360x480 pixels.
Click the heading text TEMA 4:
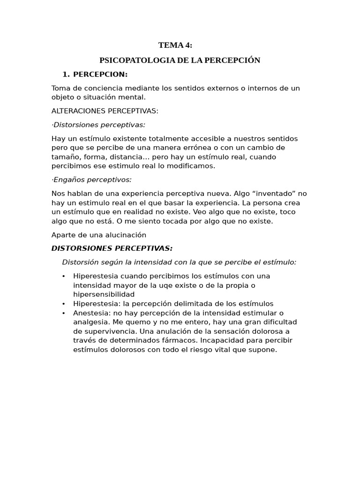pyautogui.click(x=175, y=45)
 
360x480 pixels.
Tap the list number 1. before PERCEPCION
pyautogui.click(x=66, y=75)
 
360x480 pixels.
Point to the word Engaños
pyautogui.click(x=68, y=180)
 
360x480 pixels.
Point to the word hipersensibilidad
pyautogui.click(x=104, y=294)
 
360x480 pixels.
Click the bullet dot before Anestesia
pyautogui.click(x=63, y=313)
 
